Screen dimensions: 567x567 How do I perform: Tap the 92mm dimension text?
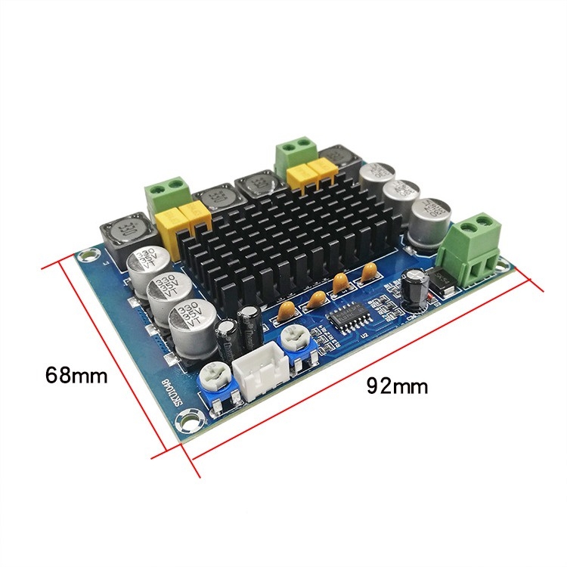click(x=397, y=386)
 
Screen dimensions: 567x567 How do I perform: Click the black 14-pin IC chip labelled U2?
click(x=350, y=314)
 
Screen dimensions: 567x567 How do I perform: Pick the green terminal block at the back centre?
click(x=295, y=154)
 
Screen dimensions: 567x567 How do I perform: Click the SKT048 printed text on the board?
click(x=172, y=396)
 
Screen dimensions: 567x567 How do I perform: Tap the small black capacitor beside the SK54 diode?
click(x=415, y=286)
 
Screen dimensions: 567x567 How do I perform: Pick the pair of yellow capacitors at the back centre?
click(x=311, y=176)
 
